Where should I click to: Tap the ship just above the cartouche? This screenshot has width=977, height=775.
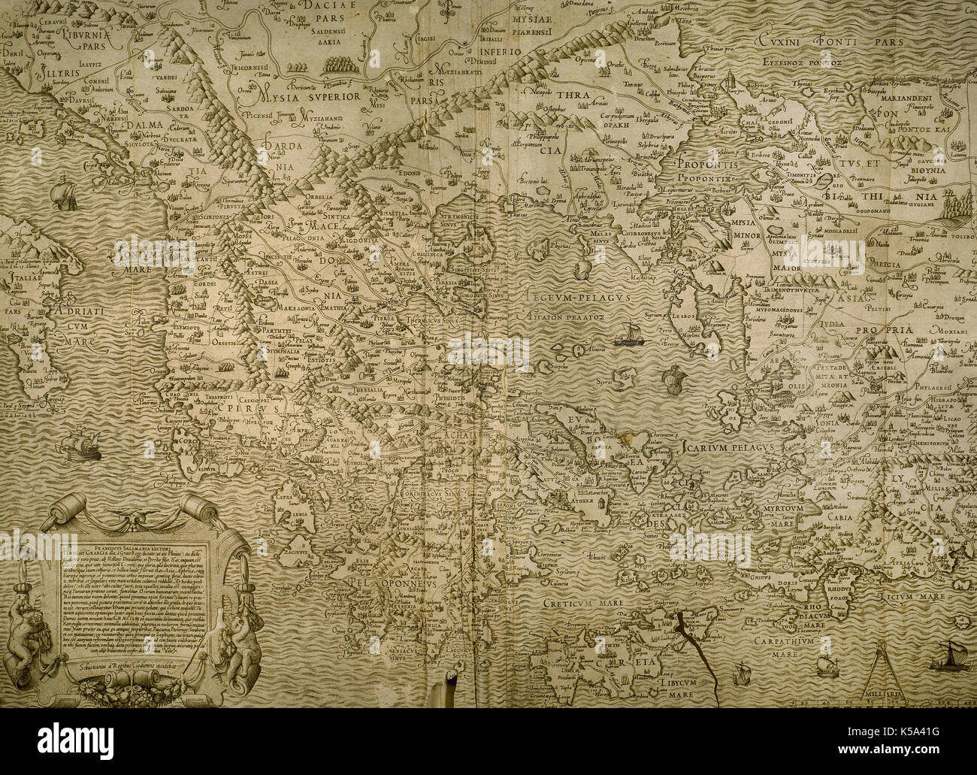click(79, 445)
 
